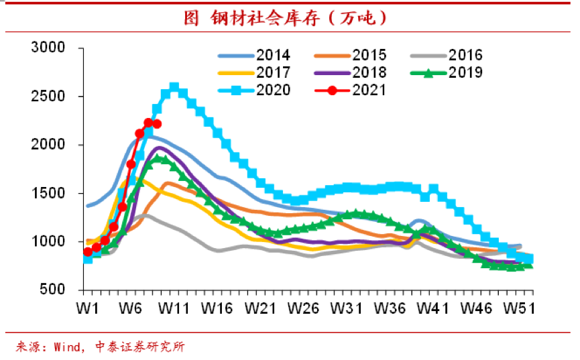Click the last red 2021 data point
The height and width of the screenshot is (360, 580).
click(x=157, y=124)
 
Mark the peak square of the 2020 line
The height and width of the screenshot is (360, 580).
click(x=174, y=87)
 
